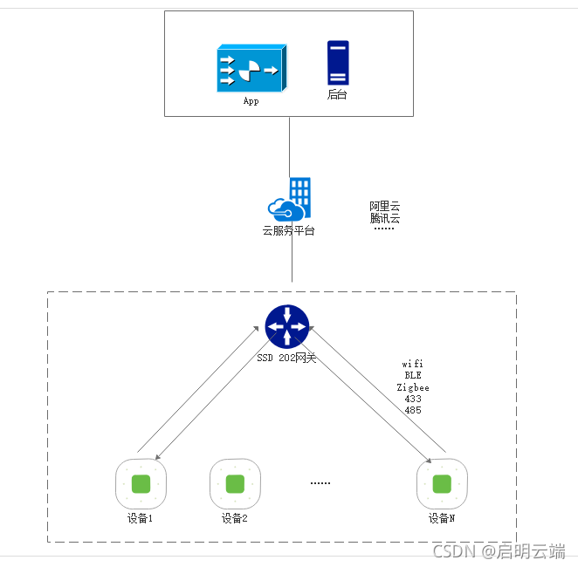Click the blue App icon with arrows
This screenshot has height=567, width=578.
click(x=251, y=69)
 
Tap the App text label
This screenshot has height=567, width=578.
click(x=251, y=101)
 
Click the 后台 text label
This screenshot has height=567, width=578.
click(x=337, y=94)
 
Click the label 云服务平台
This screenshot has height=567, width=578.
click(x=289, y=231)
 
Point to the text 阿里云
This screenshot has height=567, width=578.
click(x=384, y=206)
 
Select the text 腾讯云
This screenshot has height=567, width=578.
click(x=384, y=218)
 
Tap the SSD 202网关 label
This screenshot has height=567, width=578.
click(x=287, y=358)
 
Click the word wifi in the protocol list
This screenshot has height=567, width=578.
click(x=413, y=363)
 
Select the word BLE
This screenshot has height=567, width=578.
click(x=413, y=375)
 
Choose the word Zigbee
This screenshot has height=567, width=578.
click(x=413, y=386)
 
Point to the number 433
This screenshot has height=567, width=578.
click(x=413, y=399)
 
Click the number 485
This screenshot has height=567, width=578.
click(x=413, y=410)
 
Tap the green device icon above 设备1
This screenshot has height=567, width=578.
click(x=141, y=484)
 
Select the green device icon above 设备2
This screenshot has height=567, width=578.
click(x=235, y=484)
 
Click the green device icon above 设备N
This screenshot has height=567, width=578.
click(x=442, y=484)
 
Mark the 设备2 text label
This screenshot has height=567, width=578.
click(x=235, y=518)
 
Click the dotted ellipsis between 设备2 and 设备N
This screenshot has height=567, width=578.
click(x=320, y=482)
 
